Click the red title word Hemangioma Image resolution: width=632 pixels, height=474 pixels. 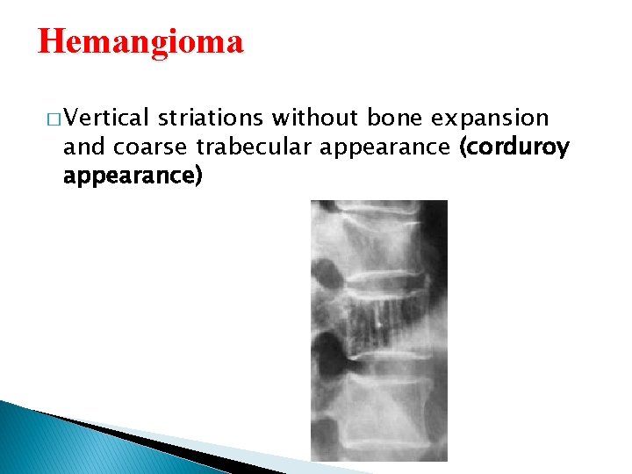tap(140, 42)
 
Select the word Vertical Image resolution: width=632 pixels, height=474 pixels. tap(106, 118)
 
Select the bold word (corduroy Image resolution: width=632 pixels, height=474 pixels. tap(513, 147)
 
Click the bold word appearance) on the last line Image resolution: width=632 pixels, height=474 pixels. tap(133, 176)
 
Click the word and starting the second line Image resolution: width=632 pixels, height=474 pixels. tap(81, 147)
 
